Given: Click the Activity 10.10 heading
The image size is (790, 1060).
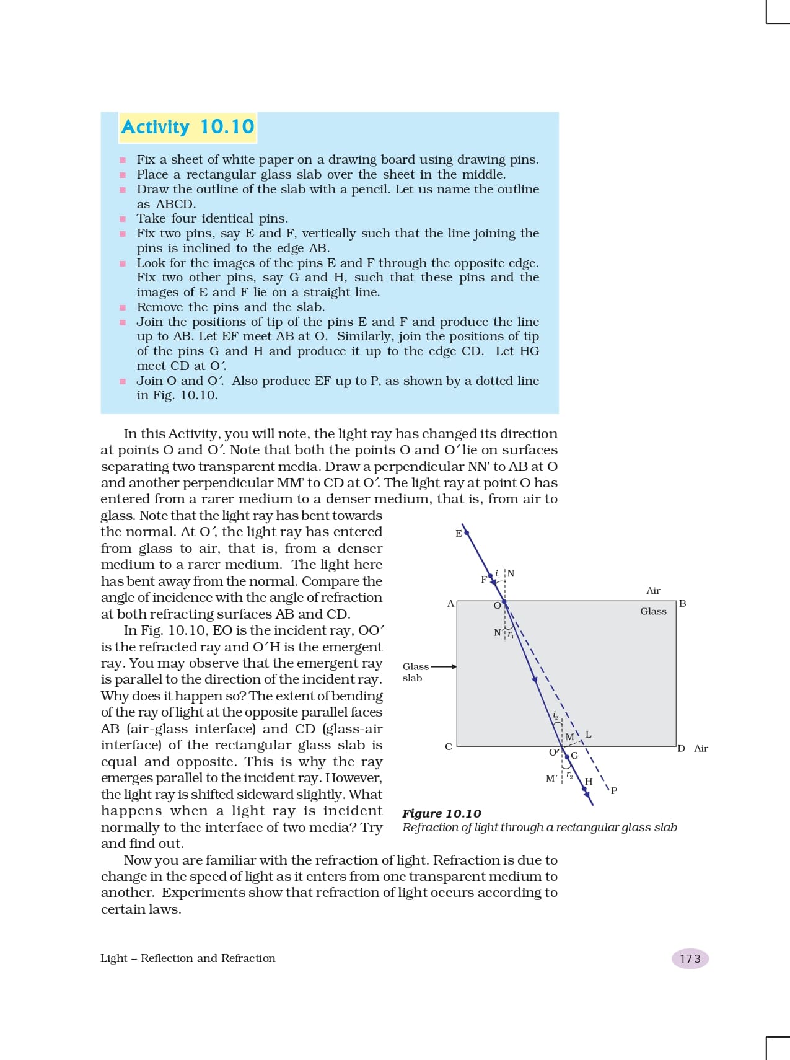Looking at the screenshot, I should point(187,127).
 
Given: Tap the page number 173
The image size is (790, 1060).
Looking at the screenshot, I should point(690,958).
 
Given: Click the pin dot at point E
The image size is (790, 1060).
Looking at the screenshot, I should point(467,532).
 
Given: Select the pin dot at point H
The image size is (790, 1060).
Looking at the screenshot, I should point(584,789).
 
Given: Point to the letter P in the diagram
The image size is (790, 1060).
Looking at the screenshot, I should point(614,790).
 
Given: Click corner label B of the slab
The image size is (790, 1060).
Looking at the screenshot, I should point(682,603).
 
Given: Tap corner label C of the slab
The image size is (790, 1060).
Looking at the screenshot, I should point(449,747).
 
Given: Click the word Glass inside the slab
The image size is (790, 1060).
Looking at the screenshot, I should point(653,611).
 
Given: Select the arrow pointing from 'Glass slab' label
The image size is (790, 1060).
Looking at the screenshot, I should point(444,667).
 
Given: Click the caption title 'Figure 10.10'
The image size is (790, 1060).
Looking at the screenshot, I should point(441,813).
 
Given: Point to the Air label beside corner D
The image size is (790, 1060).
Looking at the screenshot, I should point(701,748).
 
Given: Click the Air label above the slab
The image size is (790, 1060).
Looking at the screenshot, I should point(653,591).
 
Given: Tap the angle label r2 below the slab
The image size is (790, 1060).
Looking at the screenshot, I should point(569,775).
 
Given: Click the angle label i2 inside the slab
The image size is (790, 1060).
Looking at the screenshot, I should point(555,715).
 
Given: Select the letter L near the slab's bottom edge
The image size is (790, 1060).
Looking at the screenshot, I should point(588,735).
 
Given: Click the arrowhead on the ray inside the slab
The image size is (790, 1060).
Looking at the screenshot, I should point(534,679).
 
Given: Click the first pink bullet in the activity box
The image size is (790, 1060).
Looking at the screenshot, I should point(123,160).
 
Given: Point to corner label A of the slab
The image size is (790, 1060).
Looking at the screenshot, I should point(450,603).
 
